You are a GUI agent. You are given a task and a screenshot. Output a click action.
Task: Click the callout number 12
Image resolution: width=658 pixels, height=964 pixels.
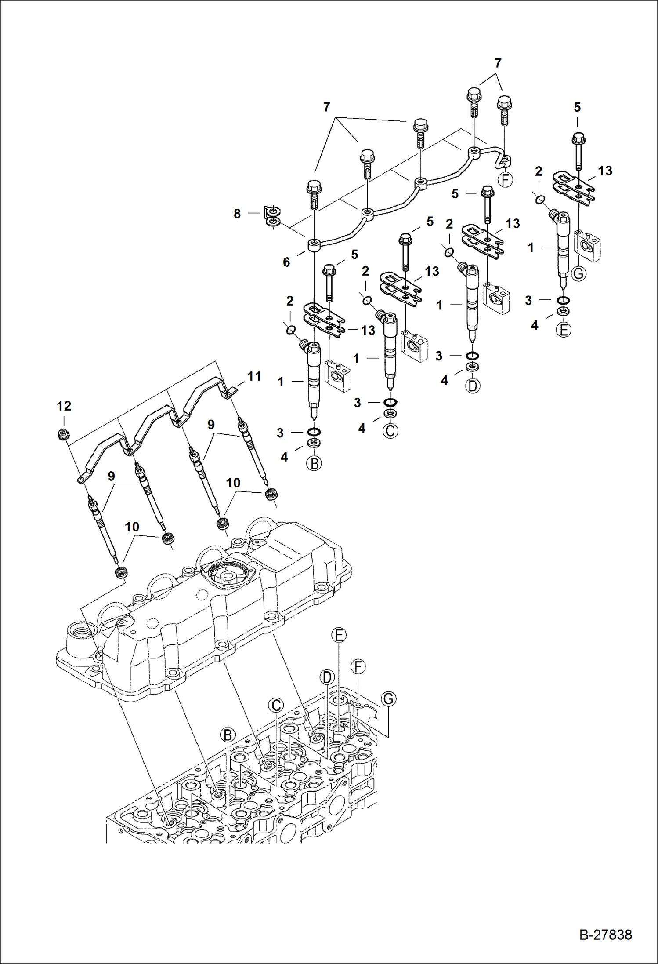click(x=64, y=406)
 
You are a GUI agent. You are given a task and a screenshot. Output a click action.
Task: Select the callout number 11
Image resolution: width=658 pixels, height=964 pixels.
click(x=254, y=376)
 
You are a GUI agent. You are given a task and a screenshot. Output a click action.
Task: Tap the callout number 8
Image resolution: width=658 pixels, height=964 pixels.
click(x=237, y=214)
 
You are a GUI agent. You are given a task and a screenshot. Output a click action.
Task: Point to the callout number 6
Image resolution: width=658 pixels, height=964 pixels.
click(x=286, y=262)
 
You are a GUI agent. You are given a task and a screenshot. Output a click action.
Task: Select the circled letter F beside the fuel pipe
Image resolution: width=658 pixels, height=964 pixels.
click(x=505, y=179)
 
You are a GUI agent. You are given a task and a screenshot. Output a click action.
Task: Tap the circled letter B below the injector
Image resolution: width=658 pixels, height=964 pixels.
click(x=315, y=463)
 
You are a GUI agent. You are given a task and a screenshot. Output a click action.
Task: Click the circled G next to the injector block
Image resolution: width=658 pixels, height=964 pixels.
click(x=579, y=273)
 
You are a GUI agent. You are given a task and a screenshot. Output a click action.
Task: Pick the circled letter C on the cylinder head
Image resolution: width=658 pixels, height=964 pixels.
click(x=276, y=706)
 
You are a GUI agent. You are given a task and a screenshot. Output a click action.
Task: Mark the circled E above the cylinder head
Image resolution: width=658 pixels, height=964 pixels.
click(x=339, y=635)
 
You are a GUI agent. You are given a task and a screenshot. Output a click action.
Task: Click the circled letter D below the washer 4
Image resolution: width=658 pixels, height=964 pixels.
click(x=473, y=386)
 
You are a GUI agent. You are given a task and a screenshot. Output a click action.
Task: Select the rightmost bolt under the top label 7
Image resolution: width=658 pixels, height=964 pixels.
click(x=504, y=109)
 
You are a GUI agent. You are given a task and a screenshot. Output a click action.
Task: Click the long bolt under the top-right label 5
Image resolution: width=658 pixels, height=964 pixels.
click(x=577, y=152)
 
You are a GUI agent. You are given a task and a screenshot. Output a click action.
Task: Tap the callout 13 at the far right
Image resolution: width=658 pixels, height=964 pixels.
click(x=605, y=171)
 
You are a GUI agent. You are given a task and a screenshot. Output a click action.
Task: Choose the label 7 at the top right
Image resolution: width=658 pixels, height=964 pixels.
click(x=498, y=63)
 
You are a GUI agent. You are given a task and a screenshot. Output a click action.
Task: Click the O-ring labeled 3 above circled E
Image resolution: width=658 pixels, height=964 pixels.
click(x=563, y=301)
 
